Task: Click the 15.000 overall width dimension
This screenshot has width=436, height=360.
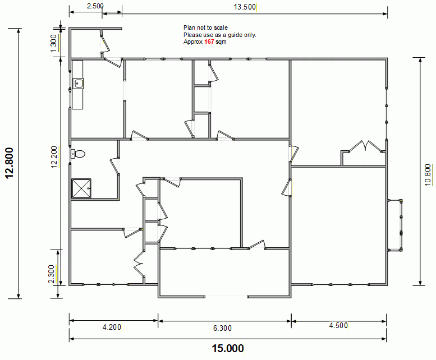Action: coord(228,348)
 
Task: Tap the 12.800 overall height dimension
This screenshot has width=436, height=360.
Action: coord(9,163)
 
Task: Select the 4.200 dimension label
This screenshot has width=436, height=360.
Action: coord(112,327)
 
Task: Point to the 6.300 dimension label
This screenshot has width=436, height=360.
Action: coord(222,329)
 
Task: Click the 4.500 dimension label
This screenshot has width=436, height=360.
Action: coord(338,325)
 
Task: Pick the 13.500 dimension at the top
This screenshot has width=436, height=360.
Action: coord(245,7)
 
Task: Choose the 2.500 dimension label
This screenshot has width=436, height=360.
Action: coord(95,6)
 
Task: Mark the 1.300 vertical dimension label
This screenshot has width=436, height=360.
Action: coord(53,43)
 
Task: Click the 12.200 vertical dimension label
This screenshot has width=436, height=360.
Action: coord(54,157)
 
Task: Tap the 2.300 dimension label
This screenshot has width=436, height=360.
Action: coord(51,274)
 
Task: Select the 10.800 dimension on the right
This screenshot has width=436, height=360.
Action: coord(428,175)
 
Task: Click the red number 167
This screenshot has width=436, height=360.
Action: coord(209,41)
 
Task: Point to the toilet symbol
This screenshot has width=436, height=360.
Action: coord(78,154)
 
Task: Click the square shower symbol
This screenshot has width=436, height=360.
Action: coord(81,188)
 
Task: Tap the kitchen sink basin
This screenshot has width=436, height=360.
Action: coord(78,84)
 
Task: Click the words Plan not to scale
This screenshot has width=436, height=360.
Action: coord(205,28)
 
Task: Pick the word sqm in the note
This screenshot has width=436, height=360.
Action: coord(221,42)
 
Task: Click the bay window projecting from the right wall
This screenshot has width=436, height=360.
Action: coord(395,225)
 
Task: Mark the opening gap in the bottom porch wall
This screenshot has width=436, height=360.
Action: coord(226,297)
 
